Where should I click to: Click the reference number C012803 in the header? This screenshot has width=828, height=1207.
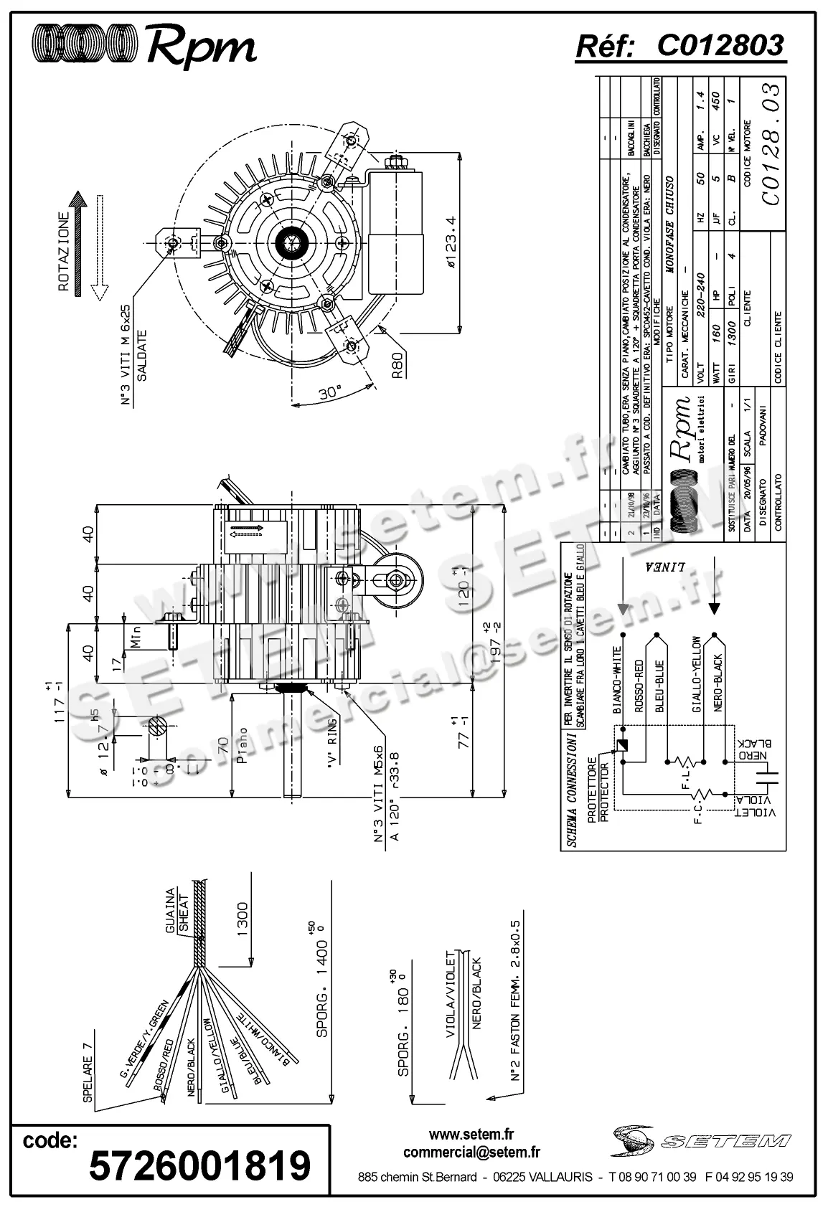(x=720, y=45)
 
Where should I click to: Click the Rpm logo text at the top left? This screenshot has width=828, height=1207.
(x=201, y=47)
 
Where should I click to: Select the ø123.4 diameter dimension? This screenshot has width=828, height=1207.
(x=451, y=242)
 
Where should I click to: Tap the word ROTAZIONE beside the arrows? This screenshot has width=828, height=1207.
(x=63, y=251)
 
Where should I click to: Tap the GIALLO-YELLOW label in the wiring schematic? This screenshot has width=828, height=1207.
(x=695, y=674)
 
